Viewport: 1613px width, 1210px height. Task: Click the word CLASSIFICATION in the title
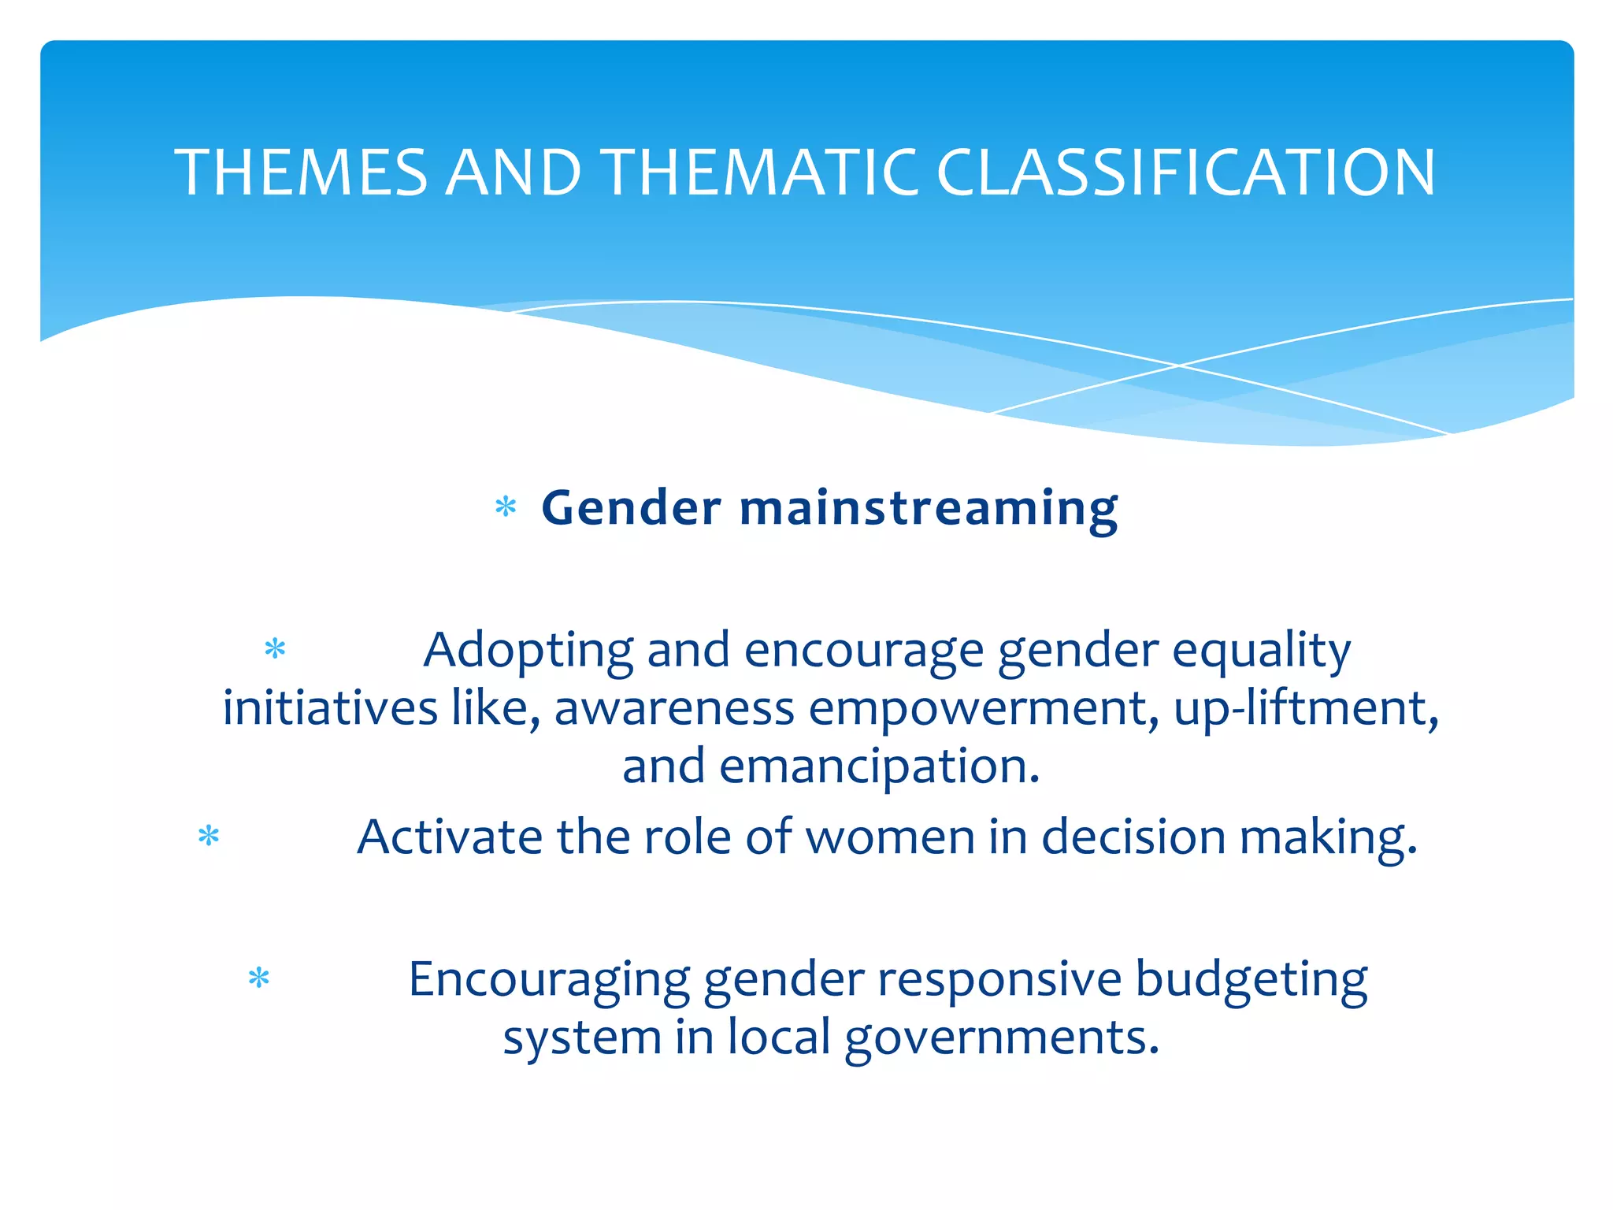pyautogui.click(x=1185, y=173)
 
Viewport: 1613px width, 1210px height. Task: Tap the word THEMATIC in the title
pyautogui.click(x=762, y=173)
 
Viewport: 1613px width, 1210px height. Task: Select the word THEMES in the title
pyautogui.click(x=301, y=173)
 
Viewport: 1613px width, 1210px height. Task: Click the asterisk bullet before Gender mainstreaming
pyautogui.click(x=506, y=508)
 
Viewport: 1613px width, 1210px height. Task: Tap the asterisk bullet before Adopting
pyautogui.click(x=275, y=650)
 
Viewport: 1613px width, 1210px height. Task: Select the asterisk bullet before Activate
pyautogui.click(x=209, y=836)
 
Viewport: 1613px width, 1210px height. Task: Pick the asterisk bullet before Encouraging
pyautogui.click(x=259, y=979)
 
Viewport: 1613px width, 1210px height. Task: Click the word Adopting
pyautogui.click(x=528, y=652)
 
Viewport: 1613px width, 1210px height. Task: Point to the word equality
pyautogui.click(x=1261, y=652)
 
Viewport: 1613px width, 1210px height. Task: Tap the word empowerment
pyautogui.click(x=983, y=709)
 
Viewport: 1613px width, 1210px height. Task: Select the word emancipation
pyautogui.click(x=879, y=767)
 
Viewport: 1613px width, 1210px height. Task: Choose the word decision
pyautogui.click(x=1133, y=837)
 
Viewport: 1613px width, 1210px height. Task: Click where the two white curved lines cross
pyautogui.click(x=1179, y=366)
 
